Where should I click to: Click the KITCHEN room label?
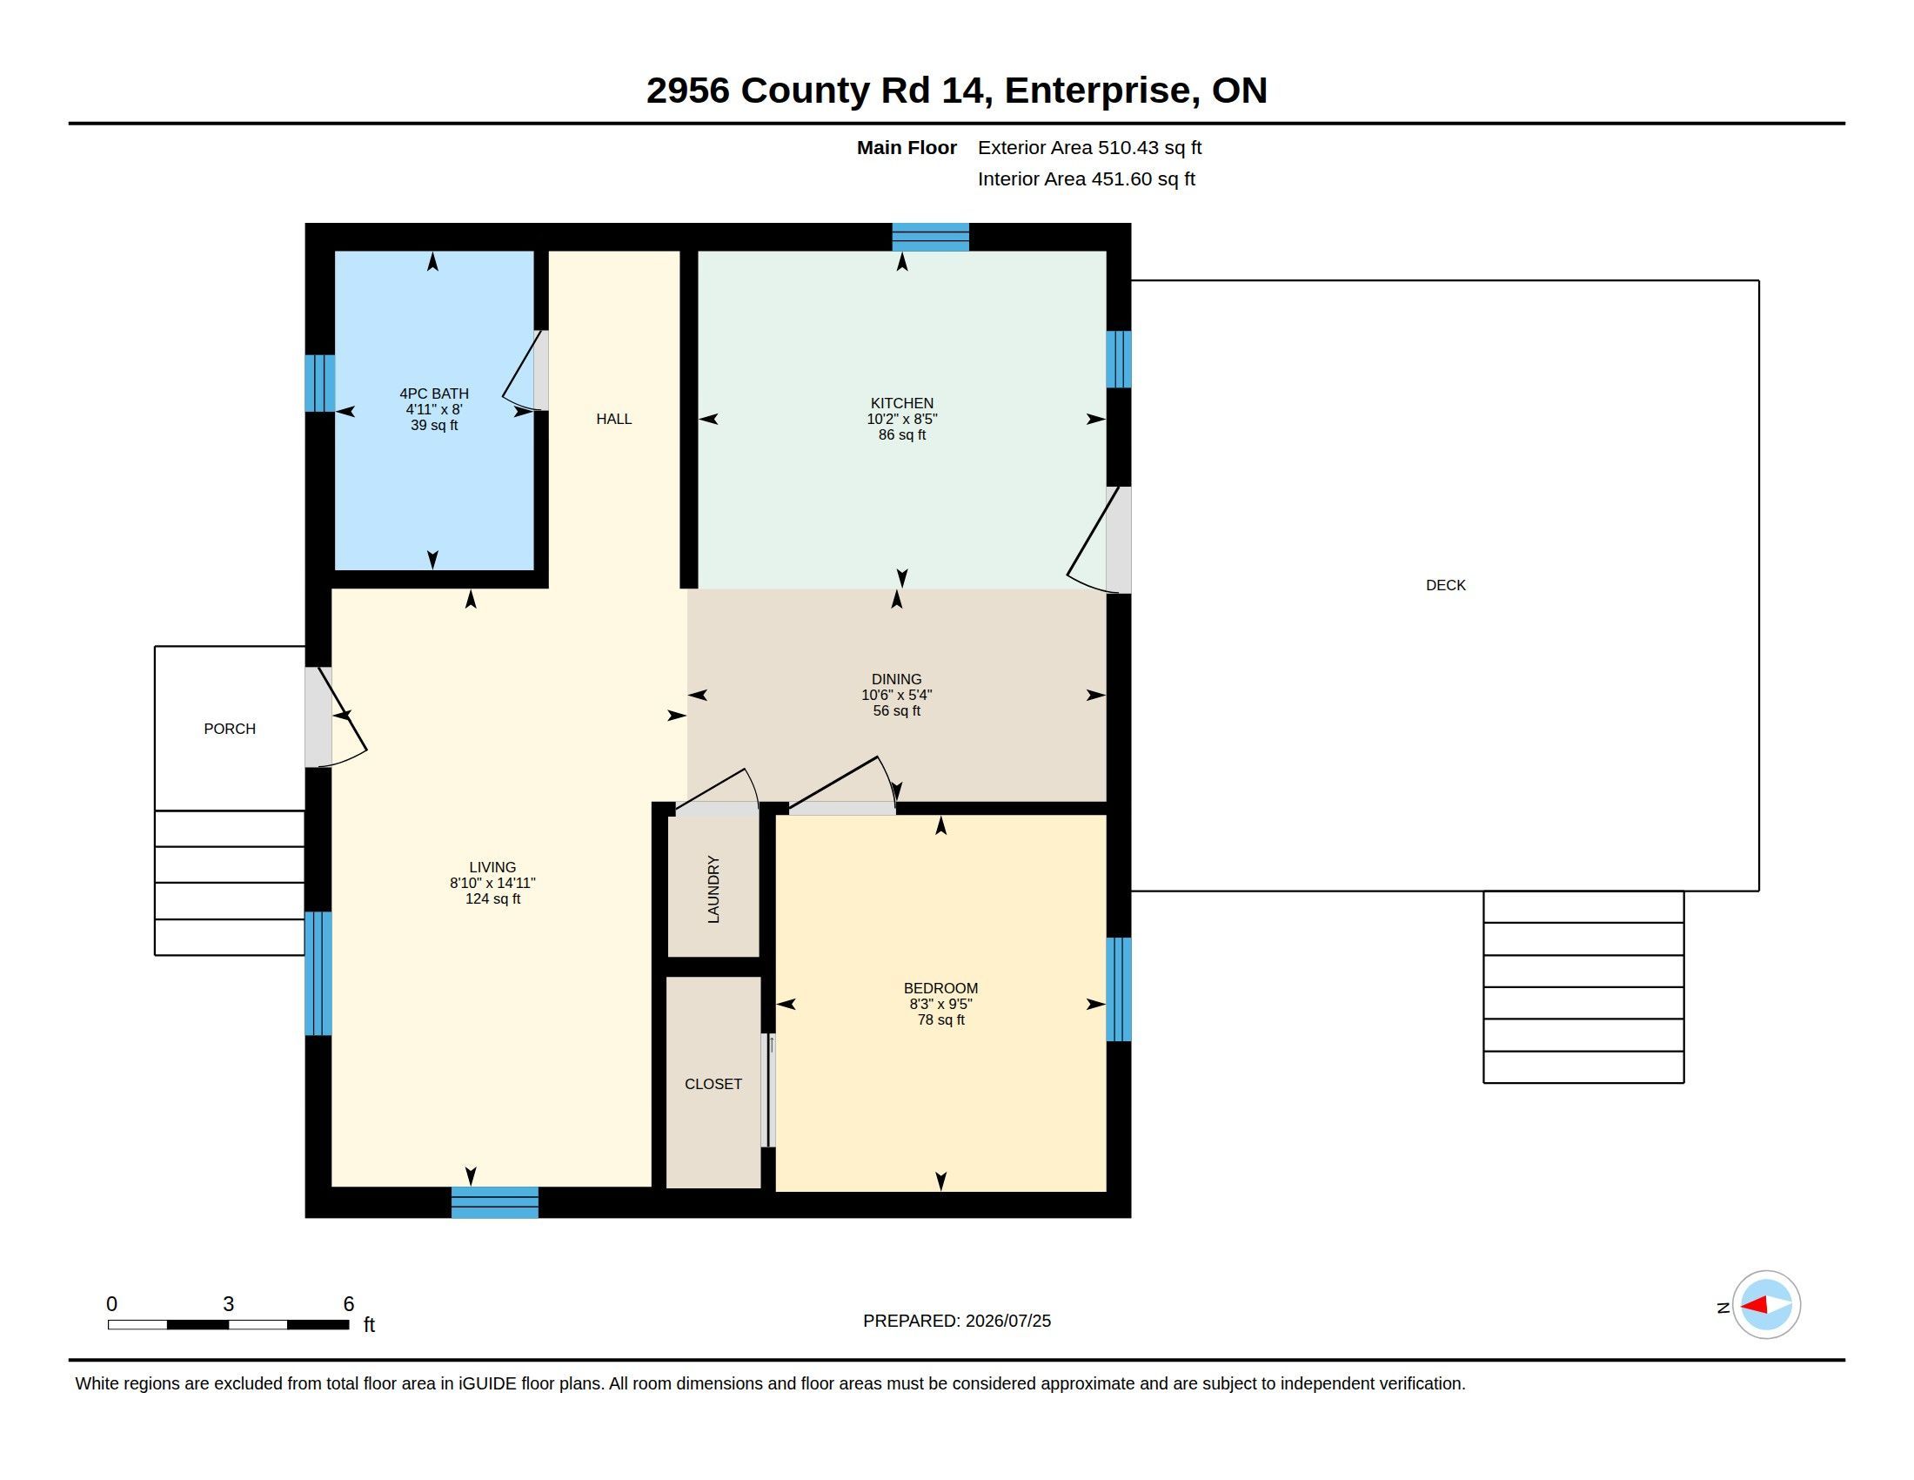pos(902,403)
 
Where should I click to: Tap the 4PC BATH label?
pos(434,394)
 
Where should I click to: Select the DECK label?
pos(1445,585)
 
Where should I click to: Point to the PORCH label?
pos(230,729)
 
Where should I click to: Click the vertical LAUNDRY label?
pos(713,889)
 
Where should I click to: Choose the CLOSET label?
pos(713,1084)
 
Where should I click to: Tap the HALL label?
pos(613,419)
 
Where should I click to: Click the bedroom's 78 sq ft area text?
pos(941,1019)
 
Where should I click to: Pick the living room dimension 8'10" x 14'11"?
pos(492,883)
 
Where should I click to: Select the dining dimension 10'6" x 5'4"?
pos(896,695)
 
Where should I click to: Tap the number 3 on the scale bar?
pos(229,1304)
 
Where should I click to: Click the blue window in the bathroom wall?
pos(320,383)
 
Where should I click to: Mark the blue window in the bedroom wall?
pos(1118,989)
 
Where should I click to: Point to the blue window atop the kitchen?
pos(931,237)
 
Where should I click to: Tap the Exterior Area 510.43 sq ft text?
pos(1089,147)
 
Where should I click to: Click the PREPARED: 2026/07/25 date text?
pos(957,1321)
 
